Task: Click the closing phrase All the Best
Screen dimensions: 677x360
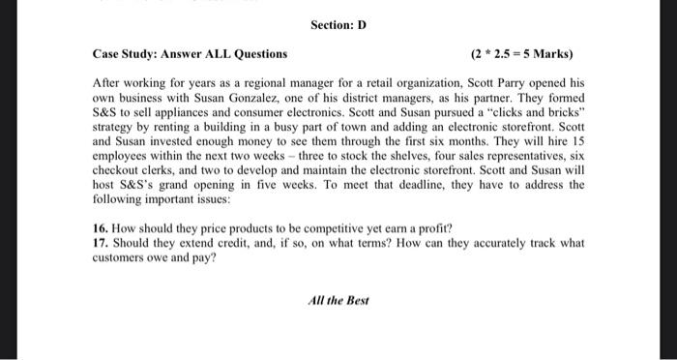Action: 338,300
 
